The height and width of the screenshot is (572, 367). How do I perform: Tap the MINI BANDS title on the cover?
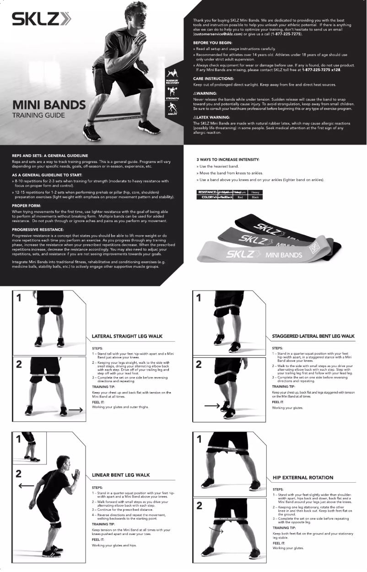[x=49, y=105]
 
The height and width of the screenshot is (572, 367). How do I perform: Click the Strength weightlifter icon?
[x=172, y=92]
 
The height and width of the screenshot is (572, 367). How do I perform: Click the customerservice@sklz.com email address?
[x=217, y=34]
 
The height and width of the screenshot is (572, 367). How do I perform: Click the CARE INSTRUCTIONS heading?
[x=213, y=79]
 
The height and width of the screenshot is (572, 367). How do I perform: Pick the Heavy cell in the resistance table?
[x=255, y=192]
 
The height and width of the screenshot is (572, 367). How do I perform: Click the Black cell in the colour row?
[x=255, y=197]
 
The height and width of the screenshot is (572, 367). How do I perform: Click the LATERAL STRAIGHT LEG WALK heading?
[x=127, y=336]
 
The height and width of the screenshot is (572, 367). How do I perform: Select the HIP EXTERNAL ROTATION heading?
[x=303, y=477]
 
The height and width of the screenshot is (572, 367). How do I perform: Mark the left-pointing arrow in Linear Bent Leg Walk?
[x=27, y=485]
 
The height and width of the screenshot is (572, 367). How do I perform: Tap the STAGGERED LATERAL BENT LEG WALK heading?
[x=313, y=336]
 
